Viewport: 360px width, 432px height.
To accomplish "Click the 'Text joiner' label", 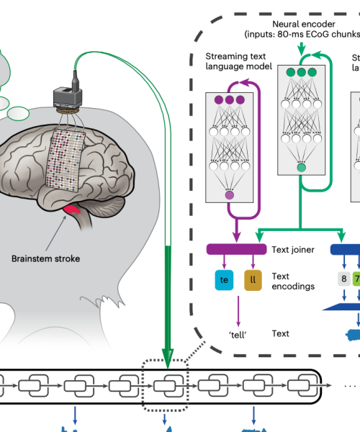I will pyautogui.click(x=290, y=250).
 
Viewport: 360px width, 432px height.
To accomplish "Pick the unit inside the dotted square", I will pyautogui.click(x=166, y=384).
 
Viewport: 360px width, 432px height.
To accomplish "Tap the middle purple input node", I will pyautogui.click(x=230, y=100).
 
